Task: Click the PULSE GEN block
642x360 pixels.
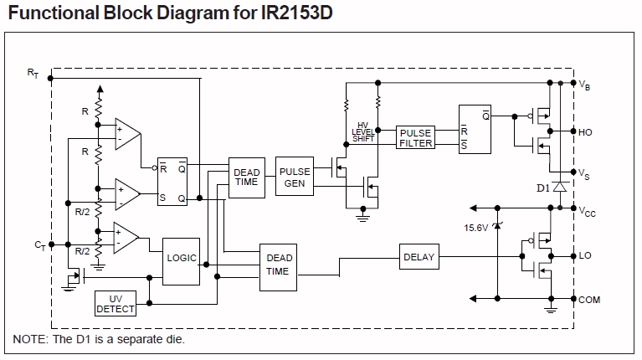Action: click(x=295, y=177)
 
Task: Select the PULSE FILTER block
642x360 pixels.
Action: click(x=416, y=138)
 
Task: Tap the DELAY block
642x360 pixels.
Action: click(x=419, y=257)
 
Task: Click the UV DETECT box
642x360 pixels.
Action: click(x=116, y=303)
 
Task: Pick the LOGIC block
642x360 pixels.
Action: click(x=182, y=258)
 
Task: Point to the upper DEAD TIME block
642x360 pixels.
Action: click(x=246, y=177)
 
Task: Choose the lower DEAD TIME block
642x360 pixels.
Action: click(x=278, y=265)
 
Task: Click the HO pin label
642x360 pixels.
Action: click(x=586, y=131)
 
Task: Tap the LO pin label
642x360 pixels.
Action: click(x=585, y=256)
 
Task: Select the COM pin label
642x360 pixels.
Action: click(x=589, y=300)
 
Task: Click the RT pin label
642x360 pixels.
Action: click(x=33, y=75)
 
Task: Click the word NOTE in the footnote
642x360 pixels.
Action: click(x=29, y=340)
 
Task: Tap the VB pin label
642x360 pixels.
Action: click(x=586, y=84)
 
